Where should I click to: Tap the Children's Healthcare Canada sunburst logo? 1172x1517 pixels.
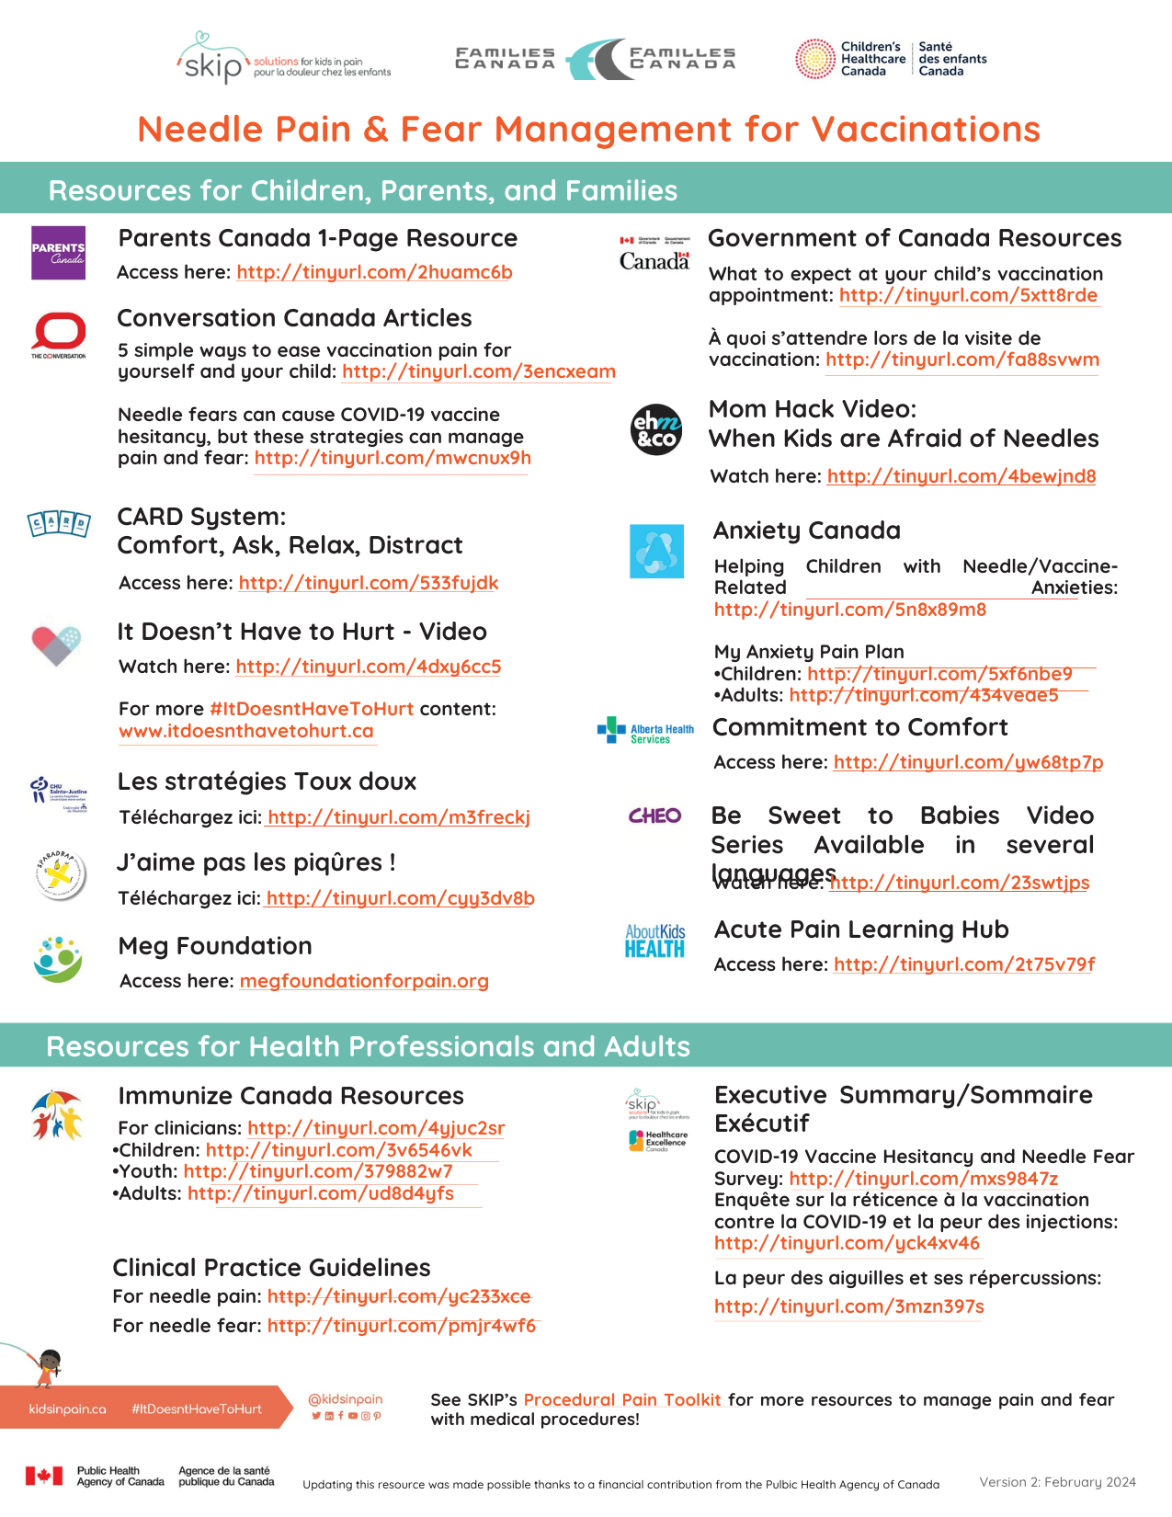[814, 59]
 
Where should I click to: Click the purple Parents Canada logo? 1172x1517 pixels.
[58, 253]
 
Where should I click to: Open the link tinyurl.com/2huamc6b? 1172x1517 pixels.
[374, 272]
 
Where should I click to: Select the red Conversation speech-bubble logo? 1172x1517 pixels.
[59, 333]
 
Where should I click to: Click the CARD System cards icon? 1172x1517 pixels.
[59, 524]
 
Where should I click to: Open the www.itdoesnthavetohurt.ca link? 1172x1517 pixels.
[246, 731]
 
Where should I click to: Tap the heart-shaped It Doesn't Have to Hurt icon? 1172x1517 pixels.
[56, 644]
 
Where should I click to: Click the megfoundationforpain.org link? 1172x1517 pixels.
[364, 981]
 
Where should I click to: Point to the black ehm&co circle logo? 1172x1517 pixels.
[656, 429]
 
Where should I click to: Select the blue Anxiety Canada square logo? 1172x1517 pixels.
[656, 551]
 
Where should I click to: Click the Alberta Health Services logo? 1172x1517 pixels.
[645, 732]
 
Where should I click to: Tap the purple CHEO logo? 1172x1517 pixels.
[654, 816]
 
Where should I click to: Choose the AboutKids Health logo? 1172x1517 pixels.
[654, 941]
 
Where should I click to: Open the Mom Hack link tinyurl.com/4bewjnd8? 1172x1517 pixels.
[961, 476]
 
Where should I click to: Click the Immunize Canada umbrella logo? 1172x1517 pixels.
[57, 1114]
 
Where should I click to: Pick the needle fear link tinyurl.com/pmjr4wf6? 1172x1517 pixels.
[402, 1326]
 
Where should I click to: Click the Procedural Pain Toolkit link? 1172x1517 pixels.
[622, 1399]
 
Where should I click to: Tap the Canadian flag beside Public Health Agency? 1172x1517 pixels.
[43, 1476]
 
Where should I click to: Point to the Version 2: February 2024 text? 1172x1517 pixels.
[1057, 1482]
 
